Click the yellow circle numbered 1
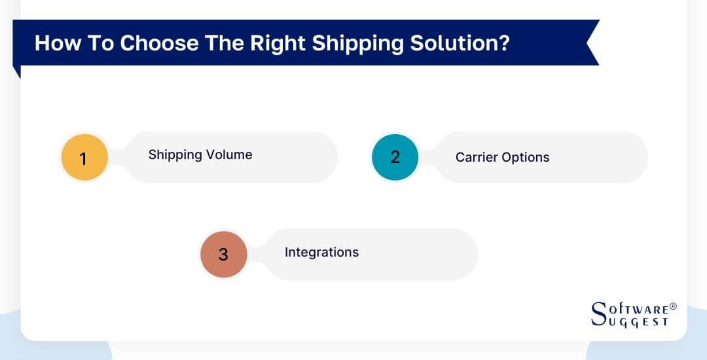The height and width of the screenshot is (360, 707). click(83, 158)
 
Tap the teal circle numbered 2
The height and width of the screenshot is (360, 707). click(395, 157)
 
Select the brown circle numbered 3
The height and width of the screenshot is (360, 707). click(223, 254)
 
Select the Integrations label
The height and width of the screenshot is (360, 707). click(321, 252)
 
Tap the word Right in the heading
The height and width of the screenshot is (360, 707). click(276, 43)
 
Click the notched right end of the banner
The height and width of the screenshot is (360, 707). click(591, 43)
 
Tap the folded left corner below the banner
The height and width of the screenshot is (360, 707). click(17, 71)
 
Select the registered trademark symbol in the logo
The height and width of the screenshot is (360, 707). click(673, 306)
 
